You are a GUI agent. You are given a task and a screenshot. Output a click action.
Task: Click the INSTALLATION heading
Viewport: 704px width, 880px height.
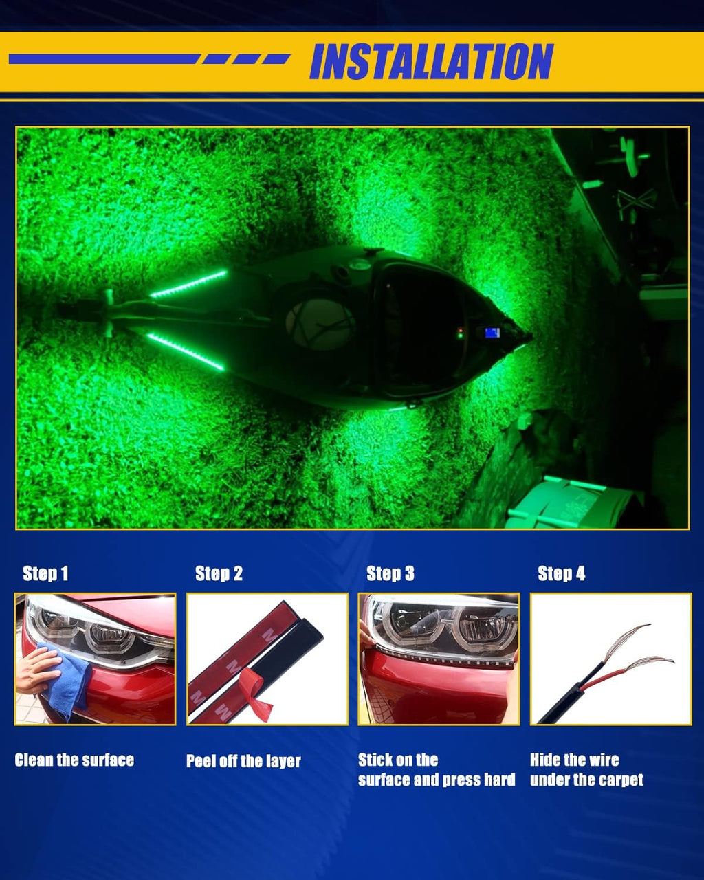click(432, 61)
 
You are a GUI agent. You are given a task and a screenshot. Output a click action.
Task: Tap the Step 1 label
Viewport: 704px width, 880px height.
click(45, 573)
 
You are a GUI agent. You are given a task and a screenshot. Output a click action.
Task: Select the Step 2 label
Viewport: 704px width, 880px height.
click(219, 573)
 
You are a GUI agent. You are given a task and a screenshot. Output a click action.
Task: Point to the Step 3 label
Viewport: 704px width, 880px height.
click(390, 573)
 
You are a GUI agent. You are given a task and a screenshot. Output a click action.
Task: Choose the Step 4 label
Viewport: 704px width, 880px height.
click(561, 573)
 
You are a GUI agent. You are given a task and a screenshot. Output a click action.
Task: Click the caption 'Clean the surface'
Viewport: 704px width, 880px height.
click(74, 760)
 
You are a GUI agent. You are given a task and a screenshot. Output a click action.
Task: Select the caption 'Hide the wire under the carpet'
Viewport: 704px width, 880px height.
click(586, 770)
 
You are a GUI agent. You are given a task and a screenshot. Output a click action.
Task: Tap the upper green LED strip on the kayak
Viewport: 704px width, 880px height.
click(188, 283)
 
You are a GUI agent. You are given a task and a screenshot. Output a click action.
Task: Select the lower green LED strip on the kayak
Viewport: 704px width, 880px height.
click(186, 352)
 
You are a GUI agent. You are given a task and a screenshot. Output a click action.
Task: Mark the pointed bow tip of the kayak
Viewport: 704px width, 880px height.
click(531, 337)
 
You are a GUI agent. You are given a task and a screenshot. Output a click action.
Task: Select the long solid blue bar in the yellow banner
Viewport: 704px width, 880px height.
click(104, 59)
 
